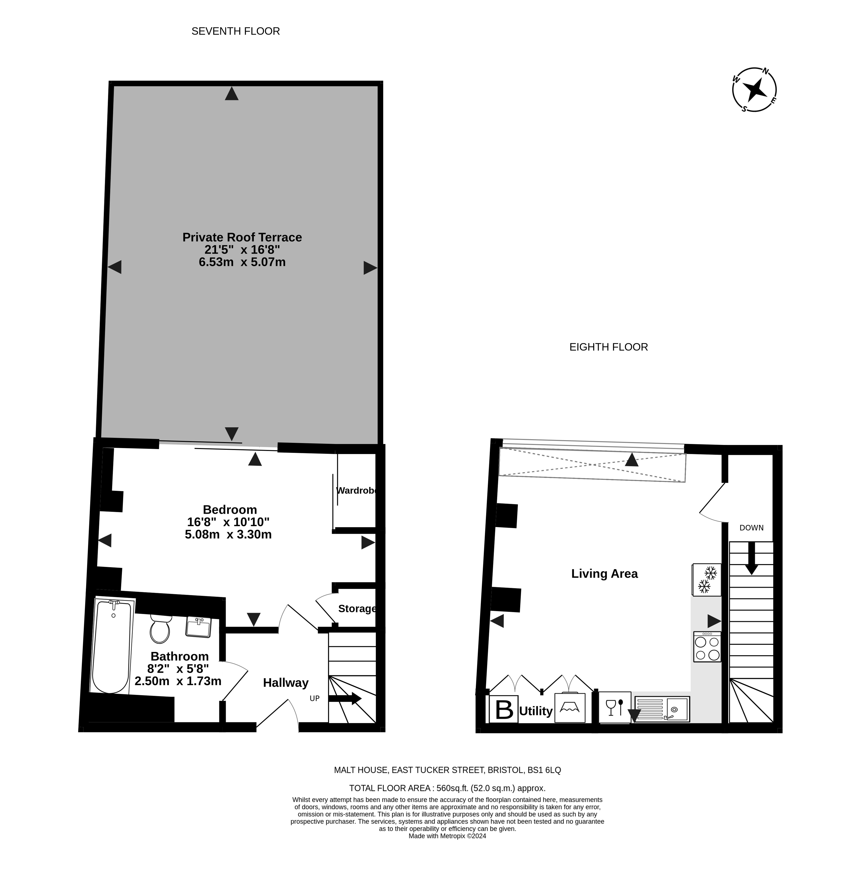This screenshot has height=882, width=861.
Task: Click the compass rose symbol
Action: pos(754,90)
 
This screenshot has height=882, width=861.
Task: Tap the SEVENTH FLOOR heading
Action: pos(236,31)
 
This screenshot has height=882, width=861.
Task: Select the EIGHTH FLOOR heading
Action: pos(608,347)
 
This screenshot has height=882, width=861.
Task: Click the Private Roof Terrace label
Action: pos(242,237)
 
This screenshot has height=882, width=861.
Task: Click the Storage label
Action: pos(357,609)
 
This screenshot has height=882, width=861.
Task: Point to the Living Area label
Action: pos(605,574)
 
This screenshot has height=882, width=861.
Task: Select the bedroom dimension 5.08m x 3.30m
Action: pos(228,535)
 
